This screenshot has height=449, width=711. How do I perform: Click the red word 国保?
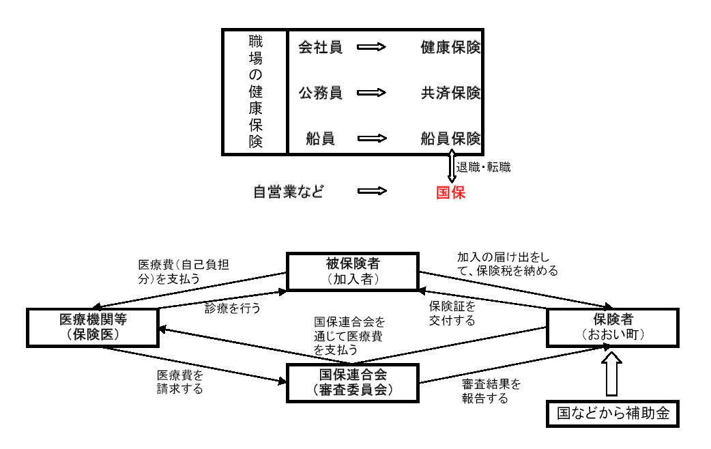point(450,192)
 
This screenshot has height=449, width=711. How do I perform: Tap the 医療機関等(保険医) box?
point(92,326)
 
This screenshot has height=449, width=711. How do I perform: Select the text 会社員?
point(320,48)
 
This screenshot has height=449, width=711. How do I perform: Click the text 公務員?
point(320,93)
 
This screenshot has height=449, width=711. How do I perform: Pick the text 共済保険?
point(450,93)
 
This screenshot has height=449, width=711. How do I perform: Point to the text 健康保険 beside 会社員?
point(450,48)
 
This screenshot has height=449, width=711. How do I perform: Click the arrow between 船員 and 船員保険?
point(372,139)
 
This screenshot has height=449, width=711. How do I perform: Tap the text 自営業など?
point(287,192)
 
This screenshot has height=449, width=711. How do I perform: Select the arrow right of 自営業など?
point(372,192)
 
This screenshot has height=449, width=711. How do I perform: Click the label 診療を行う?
point(233,308)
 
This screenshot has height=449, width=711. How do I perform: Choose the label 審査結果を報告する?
point(491,391)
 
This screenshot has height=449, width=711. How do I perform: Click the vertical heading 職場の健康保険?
point(255,91)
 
